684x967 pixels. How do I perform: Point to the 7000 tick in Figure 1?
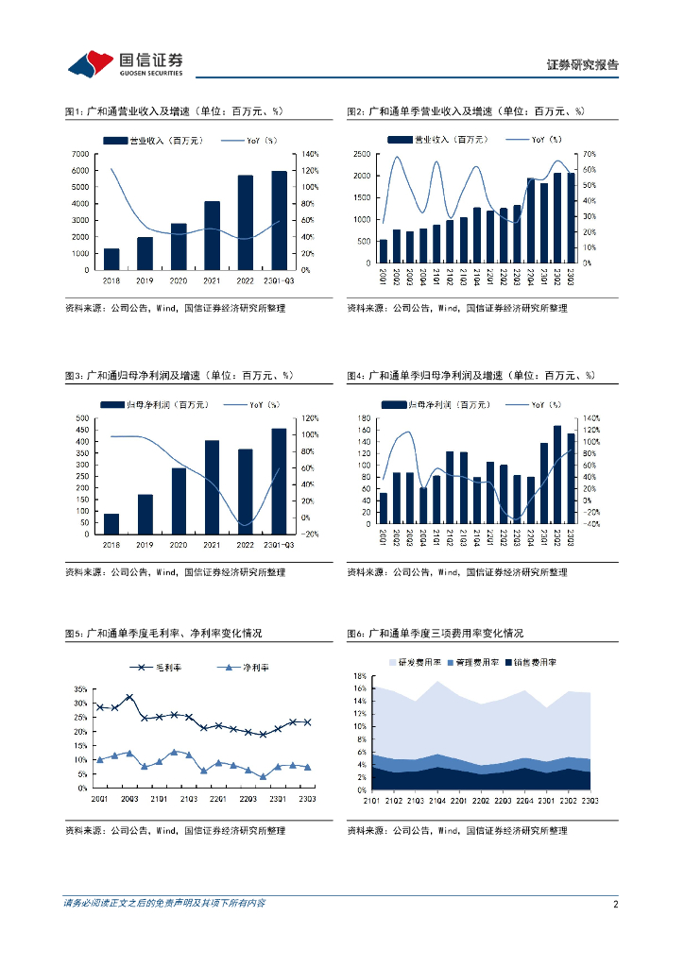(81, 154)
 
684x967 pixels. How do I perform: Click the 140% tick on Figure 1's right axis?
(307, 154)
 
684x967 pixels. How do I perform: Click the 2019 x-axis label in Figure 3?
(145, 544)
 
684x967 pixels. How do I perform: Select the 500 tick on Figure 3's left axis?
(82, 417)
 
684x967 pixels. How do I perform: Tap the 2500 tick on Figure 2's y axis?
(362, 154)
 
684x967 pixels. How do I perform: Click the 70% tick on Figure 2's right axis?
(589, 154)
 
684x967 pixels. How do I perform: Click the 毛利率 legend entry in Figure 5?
(169, 668)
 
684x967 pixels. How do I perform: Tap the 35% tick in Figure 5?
(82, 689)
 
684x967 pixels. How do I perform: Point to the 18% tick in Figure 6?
(360, 676)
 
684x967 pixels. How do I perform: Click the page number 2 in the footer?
(615, 904)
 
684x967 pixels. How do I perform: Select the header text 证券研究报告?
(583, 65)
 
